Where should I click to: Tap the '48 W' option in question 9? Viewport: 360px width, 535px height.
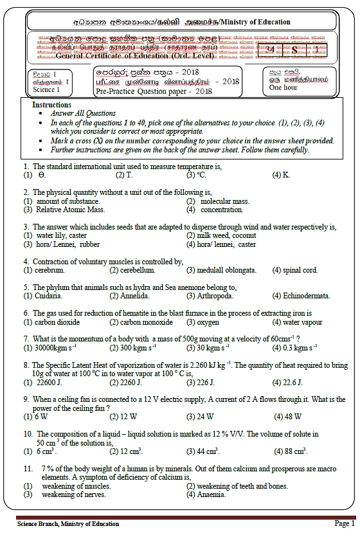294,417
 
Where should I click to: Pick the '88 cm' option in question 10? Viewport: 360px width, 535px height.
295,451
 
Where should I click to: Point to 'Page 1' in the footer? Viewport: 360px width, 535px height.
344,523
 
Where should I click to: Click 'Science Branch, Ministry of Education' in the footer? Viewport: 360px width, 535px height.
68,524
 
